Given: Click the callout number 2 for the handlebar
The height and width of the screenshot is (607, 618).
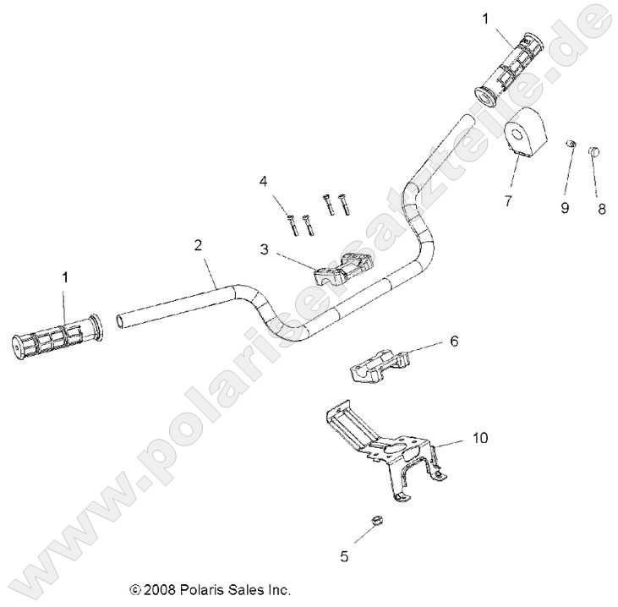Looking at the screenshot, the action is tap(198, 245).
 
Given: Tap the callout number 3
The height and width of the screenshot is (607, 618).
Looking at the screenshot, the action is tap(264, 249).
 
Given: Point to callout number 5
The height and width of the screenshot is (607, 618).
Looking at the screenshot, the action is tap(344, 556).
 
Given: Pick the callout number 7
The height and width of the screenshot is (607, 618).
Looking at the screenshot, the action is tap(507, 200).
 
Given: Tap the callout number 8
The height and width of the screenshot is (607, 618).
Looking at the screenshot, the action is tap(602, 206).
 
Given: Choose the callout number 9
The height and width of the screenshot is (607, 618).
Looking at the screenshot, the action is tap(565, 206).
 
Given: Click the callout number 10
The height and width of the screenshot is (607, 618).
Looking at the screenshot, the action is tap(479, 438).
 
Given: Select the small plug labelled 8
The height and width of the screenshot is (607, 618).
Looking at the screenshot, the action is tap(594, 152).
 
